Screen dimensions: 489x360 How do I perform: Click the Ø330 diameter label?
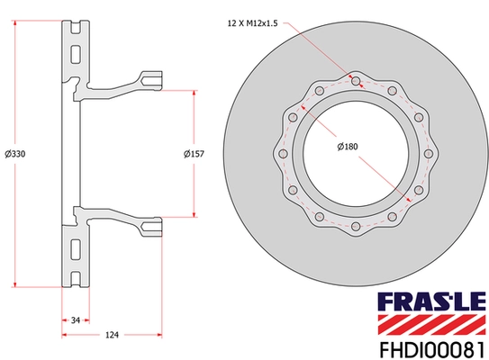point(15,154)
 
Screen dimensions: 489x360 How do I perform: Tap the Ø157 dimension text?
point(194,154)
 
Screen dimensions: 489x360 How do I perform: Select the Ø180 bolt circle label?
point(348,146)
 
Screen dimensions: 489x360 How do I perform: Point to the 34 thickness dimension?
point(76,320)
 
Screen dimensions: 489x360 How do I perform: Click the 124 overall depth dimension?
point(112,335)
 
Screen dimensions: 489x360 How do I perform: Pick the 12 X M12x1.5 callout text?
point(253,23)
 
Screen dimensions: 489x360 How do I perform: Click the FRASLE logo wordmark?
point(432,301)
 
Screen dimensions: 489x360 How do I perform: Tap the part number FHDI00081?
point(432,350)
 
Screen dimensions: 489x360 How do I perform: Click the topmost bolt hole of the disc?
point(356,81)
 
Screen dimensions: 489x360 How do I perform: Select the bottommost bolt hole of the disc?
point(356,226)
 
